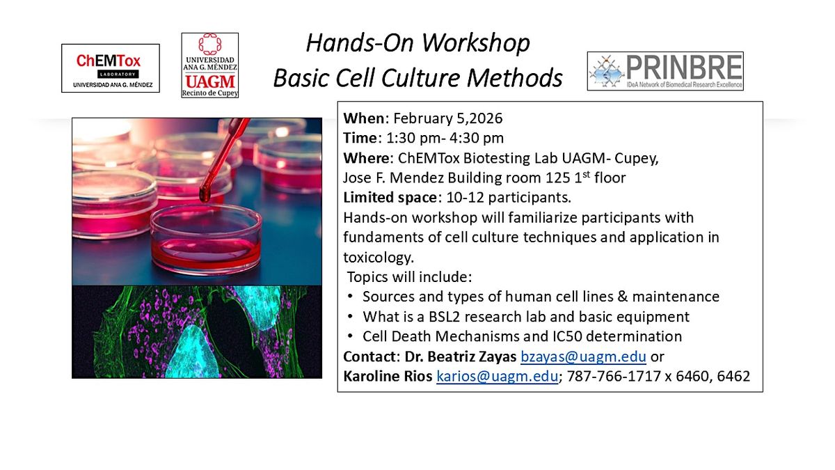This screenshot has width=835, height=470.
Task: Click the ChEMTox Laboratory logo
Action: point(111,68)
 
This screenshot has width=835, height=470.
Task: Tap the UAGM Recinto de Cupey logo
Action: point(210,65)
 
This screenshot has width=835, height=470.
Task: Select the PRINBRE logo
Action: point(665,71)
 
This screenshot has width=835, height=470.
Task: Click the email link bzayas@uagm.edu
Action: point(583,357)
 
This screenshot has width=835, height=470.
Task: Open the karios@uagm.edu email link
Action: point(498,377)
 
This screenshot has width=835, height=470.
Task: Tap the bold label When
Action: point(364,118)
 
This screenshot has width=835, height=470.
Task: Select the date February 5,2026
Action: point(448,118)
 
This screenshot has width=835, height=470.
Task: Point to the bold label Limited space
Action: point(390,198)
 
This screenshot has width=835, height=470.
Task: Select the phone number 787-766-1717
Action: point(614,377)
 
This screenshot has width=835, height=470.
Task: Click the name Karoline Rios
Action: point(388,377)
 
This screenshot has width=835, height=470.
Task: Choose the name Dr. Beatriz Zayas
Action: point(461,357)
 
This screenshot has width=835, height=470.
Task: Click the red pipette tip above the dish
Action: point(205,195)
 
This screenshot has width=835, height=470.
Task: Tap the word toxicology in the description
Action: point(378,258)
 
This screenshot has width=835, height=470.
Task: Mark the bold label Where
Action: point(367,158)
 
